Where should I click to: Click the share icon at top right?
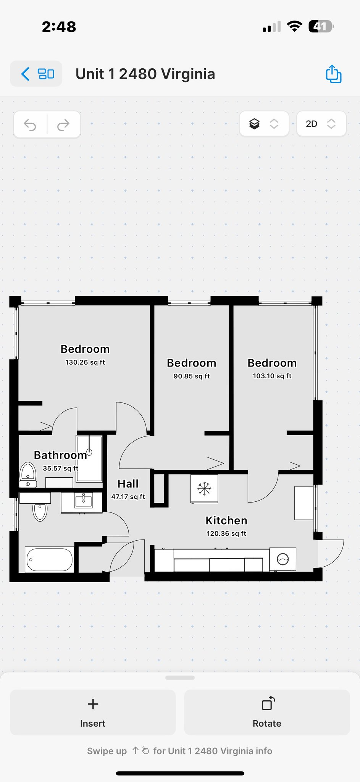point(333,74)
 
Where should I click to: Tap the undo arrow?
point(30,124)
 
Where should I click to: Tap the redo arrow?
point(63,124)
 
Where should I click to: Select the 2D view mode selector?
point(321,124)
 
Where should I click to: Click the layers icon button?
point(263,124)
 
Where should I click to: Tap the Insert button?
point(93,712)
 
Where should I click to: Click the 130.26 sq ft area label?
point(85,362)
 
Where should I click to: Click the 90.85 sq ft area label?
point(192,376)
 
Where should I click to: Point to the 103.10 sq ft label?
point(272,376)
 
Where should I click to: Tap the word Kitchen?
point(226,520)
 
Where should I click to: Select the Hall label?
point(128,484)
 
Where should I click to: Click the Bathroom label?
point(60,455)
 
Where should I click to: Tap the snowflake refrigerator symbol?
point(204,488)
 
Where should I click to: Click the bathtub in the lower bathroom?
point(49,560)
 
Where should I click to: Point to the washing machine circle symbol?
point(283,559)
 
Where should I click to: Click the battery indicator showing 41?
point(321,26)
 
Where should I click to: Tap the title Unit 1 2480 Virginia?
point(145,74)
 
